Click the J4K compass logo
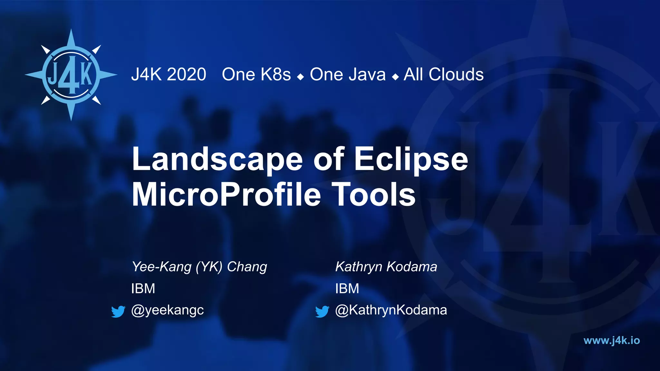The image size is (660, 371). (71, 75)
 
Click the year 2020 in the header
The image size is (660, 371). (186, 75)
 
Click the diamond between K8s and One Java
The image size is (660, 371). (301, 77)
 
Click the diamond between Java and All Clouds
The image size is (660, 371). (395, 77)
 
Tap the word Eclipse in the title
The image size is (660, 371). (411, 159)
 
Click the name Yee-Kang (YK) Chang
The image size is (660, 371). (199, 267)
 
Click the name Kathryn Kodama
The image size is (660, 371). (386, 267)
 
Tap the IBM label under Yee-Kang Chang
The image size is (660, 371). (143, 289)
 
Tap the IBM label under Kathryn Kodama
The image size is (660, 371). (347, 289)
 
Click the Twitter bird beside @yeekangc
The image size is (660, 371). (118, 311)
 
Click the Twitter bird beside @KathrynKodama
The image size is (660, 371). (322, 311)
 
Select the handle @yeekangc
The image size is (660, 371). (168, 310)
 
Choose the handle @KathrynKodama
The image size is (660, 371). (391, 310)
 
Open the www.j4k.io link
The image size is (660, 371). (611, 340)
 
